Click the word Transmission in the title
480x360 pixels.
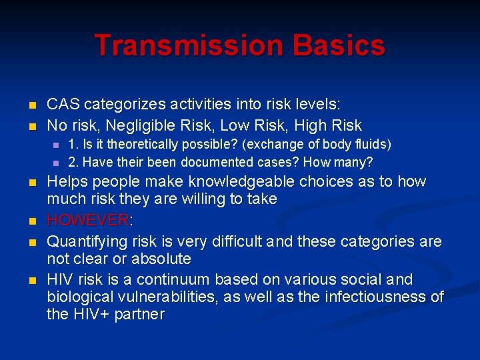tap(181, 45)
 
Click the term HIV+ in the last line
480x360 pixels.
tap(92, 315)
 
